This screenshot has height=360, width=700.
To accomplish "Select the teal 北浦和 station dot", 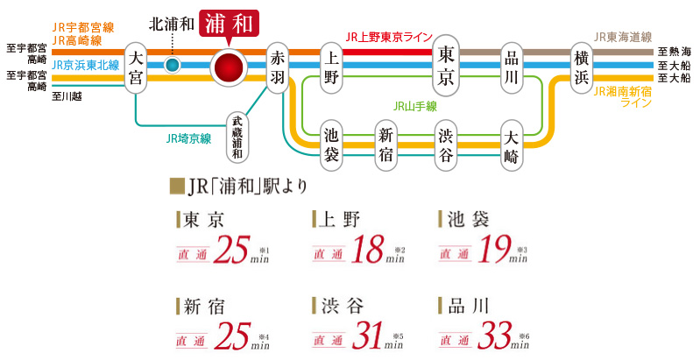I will (173, 64).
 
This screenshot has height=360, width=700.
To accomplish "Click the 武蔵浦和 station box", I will (237, 137).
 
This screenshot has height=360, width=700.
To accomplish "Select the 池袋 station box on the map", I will (331, 145).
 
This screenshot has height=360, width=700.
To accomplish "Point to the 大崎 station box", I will (513, 145).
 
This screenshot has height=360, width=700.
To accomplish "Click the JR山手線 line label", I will (415, 106).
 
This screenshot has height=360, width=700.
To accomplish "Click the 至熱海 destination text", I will (675, 52).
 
